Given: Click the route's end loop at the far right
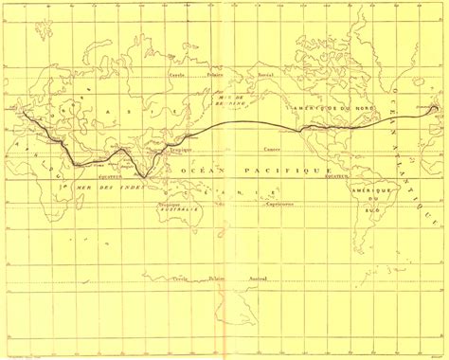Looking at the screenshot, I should pos(435,109).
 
